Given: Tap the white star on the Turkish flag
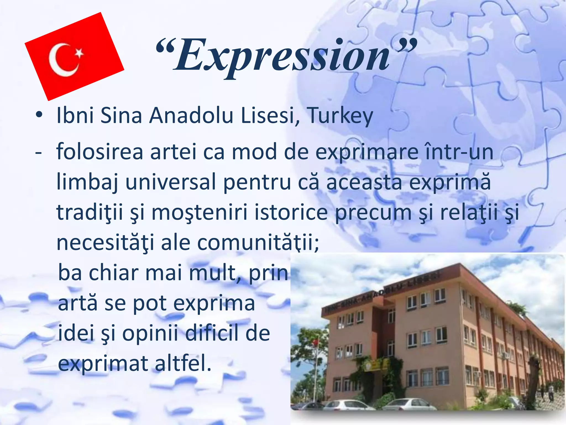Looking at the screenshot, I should (x=79, y=53).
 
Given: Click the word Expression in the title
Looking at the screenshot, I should (x=285, y=55).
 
